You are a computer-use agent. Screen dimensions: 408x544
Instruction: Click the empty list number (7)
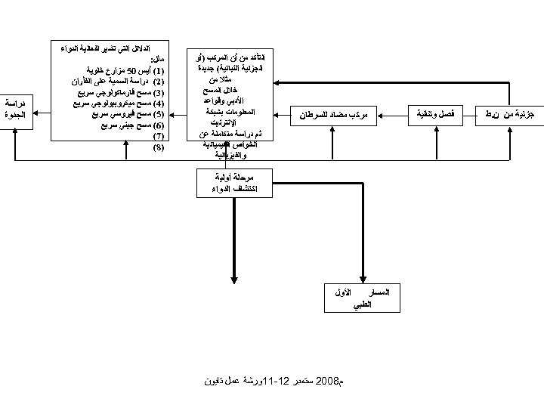(158, 136)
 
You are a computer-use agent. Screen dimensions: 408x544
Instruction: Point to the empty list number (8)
(158, 147)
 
